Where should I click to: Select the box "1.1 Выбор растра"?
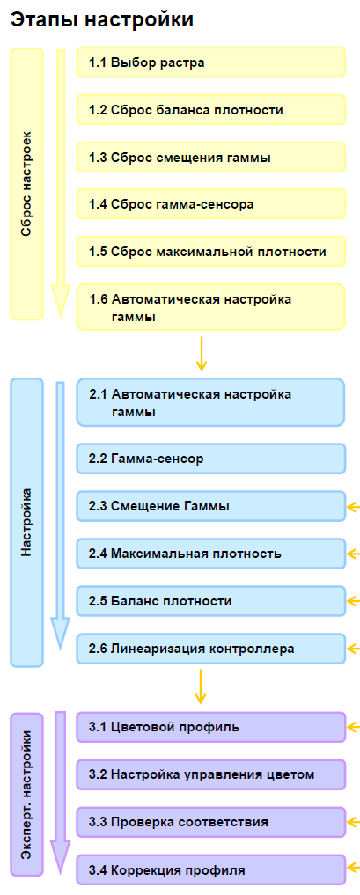pyautogui.click(x=211, y=62)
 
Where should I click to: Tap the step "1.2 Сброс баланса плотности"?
pyautogui.click(x=211, y=110)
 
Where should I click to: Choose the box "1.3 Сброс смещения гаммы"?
pyautogui.click(x=211, y=157)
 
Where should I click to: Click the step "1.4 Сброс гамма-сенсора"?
pyautogui.click(x=211, y=204)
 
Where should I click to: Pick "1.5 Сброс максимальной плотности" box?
pyautogui.click(x=211, y=251)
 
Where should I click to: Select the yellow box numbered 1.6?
pyautogui.click(x=211, y=307)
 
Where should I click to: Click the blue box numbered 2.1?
pyautogui.click(x=211, y=402)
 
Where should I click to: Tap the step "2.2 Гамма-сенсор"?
pyautogui.click(x=211, y=459)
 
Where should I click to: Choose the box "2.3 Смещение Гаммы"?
pyautogui.click(x=211, y=506)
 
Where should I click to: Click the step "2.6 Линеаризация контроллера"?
pyautogui.click(x=211, y=649)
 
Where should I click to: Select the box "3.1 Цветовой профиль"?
pyautogui.click(x=211, y=727)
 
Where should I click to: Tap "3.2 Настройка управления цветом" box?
pyautogui.click(x=211, y=774)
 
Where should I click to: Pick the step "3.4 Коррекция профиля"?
pyautogui.click(x=211, y=869)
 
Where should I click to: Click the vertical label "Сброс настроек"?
pyautogui.click(x=26, y=184)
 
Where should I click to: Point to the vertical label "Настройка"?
pyautogui.click(x=26, y=522)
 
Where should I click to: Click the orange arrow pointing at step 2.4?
pyautogui.click(x=354, y=554)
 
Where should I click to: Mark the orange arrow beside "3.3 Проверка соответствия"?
pyautogui.click(x=354, y=823)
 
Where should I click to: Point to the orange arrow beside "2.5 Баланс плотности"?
pyautogui.click(x=354, y=601)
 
